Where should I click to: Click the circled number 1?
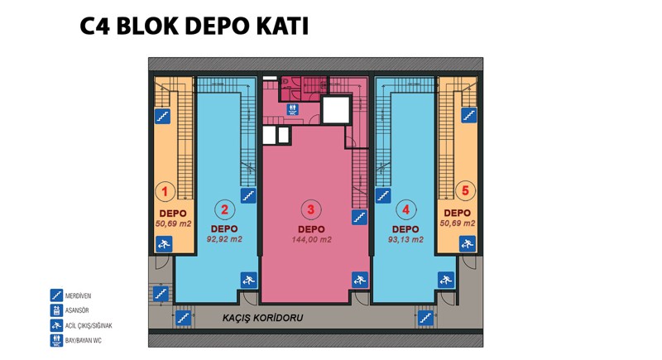pyautogui.click(x=165, y=191)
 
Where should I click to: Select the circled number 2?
pyautogui.click(x=224, y=209)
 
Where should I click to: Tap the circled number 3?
pyautogui.click(x=311, y=209)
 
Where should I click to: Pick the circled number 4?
pyautogui.click(x=406, y=209)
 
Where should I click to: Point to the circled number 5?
pyautogui.click(x=465, y=190)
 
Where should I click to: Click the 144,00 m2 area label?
pyautogui.click(x=312, y=240)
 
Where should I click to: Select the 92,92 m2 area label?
pyautogui.click(x=224, y=239)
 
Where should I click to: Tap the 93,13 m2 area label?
pyautogui.click(x=405, y=240)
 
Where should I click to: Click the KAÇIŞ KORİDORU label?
pyautogui.click(x=262, y=318)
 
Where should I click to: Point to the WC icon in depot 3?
pyautogui.click(x=293, y=110)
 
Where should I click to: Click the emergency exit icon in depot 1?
pyautogui.click(x=164, y=244)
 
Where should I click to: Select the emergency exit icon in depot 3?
pyautogui.click(x=360, y=280)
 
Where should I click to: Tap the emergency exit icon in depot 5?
pyautogui.click(x=467, y=243)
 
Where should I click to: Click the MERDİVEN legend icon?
pyautogui.click(x=56, y=295)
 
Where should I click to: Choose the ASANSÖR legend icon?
pyautogui.click(x=56, y=310)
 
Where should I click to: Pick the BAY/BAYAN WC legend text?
pyautogui.click(x=84, y=341)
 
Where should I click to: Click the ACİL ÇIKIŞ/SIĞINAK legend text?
pyautogui.click(x=89, y=326)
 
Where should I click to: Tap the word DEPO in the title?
pyautogui.click(x=217, y=26)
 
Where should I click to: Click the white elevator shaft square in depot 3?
pyautogui.click(x=336, y=110)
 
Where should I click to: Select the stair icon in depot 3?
pyautogui.click(x=359, y=217)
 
